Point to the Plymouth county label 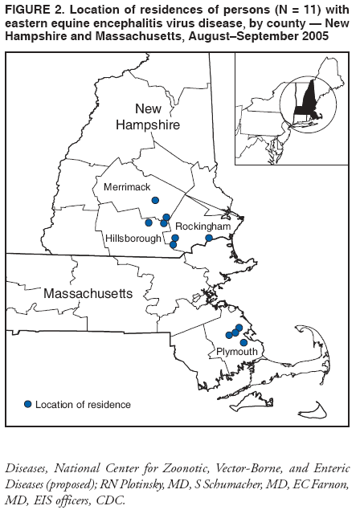tap(236, 352)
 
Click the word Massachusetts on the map tap(88, 294)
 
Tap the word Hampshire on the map tap(146, 125)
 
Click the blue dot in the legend tap(28, 403)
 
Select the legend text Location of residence tap(84, 404)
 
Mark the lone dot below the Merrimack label tap(155, 200)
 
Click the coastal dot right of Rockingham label tap(209, 238)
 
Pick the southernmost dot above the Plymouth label tap(243, 342)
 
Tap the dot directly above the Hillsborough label tap(149, 222)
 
